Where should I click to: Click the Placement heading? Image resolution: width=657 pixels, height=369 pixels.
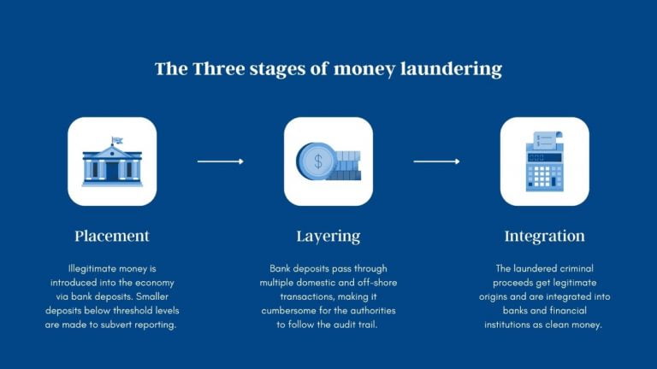click(112, 236)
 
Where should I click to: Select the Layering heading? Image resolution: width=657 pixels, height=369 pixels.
click(328, 236)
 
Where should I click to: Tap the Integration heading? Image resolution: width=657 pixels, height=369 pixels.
click(545, 236)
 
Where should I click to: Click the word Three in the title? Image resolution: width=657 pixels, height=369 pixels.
click(216, 69)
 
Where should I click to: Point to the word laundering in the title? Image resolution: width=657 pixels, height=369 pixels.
click(452, 69)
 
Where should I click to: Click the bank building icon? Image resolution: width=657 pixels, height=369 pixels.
click(112, 163)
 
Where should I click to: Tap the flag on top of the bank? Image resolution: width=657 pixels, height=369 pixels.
click(115, 139)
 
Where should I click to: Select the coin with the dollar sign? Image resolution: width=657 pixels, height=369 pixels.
click(317, 161)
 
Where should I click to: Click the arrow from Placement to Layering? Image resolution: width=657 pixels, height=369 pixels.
click(221, 161)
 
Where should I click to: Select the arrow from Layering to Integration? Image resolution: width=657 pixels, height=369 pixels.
click(437, 161)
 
